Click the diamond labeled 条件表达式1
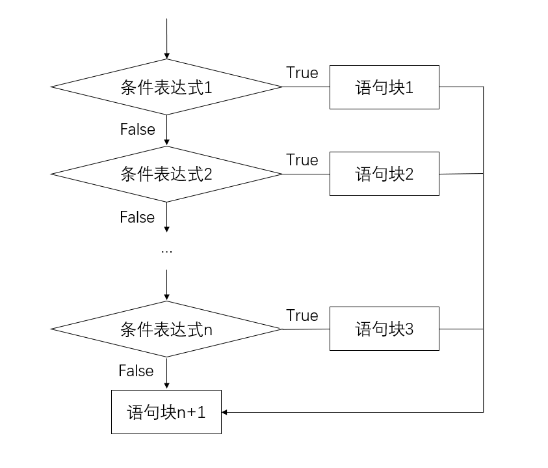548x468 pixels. pos(166,87)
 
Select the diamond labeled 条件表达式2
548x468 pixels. pos(166,174)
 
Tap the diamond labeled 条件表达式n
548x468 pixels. pos(166,329)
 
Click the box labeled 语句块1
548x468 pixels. pos(384,87)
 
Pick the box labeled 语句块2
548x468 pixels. pos(384,174)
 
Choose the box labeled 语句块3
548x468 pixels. pos(384,329)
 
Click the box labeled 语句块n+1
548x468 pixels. pos(166,412)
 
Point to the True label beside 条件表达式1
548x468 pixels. pos(302,73)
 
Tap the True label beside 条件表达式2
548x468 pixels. pos(302,160)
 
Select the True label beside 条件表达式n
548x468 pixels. pos(302,316)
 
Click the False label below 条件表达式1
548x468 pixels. pos(138,130)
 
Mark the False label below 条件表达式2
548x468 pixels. pos(138,217)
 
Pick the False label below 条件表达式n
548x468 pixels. pos(136,371)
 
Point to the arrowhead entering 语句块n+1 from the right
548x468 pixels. pos(226,412)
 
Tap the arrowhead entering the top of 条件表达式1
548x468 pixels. pos(167,55)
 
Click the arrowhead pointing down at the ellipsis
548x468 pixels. pos(167,228)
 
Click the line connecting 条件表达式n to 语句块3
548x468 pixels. pos(306,329)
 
